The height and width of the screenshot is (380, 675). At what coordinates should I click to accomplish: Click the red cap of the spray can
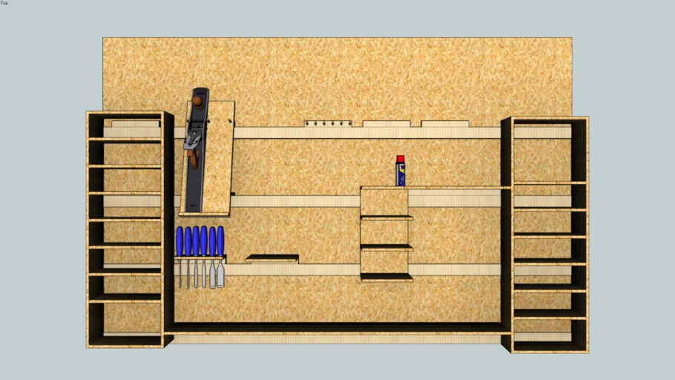click(401, 159)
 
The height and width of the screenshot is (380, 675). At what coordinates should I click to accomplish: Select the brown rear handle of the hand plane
click(193, 156)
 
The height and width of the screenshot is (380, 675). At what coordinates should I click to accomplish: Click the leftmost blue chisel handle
click(180, 241)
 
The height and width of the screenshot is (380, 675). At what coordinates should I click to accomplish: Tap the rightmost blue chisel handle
click(220, 241)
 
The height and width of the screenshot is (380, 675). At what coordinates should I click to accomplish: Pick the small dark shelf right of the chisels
click(272, 259)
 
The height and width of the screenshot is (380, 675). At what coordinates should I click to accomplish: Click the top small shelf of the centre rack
click(386, 217)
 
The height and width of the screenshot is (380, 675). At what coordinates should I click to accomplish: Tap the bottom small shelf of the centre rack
click(386, 277)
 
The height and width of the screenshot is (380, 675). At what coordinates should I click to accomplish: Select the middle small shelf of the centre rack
click(386, 246)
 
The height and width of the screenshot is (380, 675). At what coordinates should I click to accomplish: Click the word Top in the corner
click(4, 3)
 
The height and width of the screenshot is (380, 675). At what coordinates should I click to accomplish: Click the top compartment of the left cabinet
click(125, 127)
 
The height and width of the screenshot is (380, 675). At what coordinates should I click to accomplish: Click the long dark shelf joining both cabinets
click(337, 327)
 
